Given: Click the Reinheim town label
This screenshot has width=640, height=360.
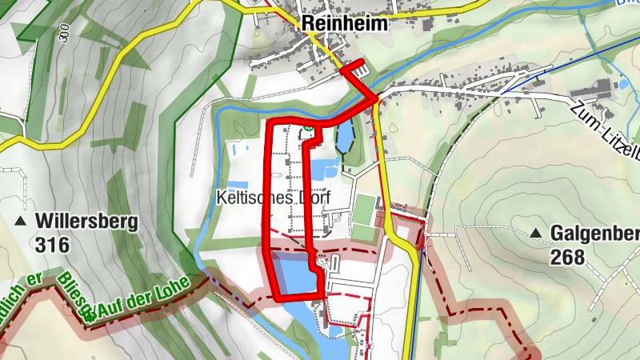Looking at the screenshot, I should tap(345, 24).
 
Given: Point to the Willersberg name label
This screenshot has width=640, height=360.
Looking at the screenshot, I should tap(87, 221).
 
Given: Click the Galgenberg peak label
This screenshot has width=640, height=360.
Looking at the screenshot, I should tap(594, 234).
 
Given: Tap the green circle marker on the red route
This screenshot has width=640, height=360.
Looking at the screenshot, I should tap(306, 127).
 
